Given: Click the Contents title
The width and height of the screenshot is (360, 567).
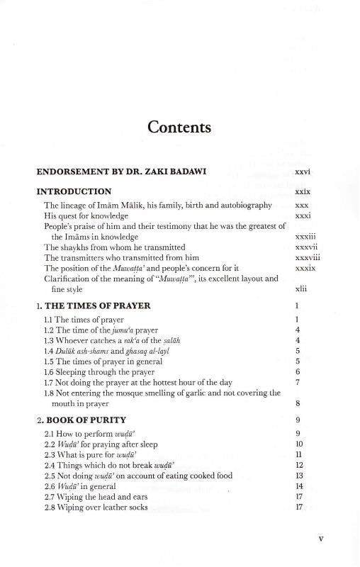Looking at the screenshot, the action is click(179, 128).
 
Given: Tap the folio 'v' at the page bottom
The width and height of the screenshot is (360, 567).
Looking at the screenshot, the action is click(321, 538).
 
